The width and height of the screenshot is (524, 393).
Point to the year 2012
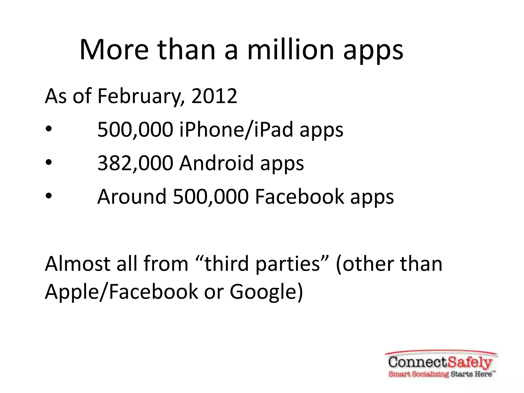pos(214,96)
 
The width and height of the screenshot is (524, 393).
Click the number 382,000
pos(135,163)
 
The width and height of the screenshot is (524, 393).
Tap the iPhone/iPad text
pos(236,130)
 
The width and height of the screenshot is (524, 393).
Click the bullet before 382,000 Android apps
pos(49,162)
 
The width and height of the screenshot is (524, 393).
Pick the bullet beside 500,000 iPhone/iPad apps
pos(49,129)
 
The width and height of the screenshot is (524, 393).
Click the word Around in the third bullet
pos(132,196)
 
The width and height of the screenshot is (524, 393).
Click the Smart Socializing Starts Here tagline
pos(442,374)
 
